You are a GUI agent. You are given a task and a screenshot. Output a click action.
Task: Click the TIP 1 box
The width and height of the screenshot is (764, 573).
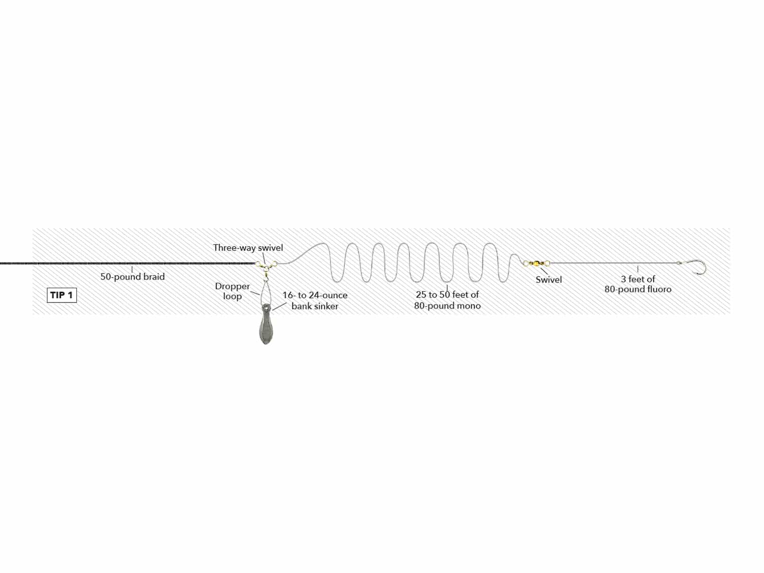pos(62,295)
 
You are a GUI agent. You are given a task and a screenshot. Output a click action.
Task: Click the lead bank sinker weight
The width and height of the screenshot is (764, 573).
pos(266,324)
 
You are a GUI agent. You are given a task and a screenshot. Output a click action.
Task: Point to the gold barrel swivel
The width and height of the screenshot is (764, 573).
pos(536,263)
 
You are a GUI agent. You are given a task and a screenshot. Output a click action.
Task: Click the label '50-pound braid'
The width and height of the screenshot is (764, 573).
pos(132,277)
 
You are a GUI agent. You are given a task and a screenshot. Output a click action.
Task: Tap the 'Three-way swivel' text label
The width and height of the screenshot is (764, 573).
pos(248,248)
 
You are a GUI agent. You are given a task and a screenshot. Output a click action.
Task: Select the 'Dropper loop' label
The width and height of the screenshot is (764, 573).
pos(232,291)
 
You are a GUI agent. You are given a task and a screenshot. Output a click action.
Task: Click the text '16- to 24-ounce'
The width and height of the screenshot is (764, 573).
pos(315,295)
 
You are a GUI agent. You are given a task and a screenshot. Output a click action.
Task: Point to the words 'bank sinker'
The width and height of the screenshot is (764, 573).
pos(315,306)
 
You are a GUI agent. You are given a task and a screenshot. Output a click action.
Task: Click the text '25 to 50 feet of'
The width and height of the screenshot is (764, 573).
pos(447,295)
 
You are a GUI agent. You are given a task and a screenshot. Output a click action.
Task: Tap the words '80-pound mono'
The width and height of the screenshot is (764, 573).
pos(447,306)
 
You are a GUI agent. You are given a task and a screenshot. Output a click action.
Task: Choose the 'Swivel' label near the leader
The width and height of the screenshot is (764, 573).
pos(549,280)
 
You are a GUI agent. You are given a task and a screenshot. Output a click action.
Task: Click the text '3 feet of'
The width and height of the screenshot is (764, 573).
pos(638,279)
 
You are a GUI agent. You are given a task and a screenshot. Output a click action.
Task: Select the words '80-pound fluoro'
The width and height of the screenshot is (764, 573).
pos(638,289)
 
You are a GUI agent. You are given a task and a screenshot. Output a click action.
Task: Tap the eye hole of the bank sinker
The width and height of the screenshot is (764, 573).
pos(266,308)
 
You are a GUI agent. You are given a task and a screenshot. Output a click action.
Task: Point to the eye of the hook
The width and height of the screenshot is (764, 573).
pos(679,263)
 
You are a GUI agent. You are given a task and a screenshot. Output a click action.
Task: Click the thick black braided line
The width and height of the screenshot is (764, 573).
pos(128,263)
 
